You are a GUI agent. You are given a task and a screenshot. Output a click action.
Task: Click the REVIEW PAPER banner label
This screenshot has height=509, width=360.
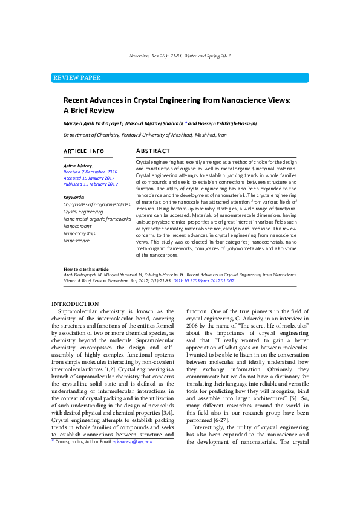(x=77, y=78)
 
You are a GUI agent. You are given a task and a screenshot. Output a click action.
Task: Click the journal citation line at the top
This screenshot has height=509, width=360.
(x=180, y=56)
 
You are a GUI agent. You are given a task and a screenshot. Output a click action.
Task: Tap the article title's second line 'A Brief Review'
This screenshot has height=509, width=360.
(x=89, y=111)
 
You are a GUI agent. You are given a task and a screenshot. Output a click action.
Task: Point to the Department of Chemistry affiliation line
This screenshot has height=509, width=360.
(x=145, y=136)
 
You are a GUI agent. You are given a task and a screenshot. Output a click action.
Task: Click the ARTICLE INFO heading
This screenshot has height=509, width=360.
(x=83, y=151)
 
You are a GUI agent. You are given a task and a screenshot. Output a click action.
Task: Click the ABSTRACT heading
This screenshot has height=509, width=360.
(x=152, y=151)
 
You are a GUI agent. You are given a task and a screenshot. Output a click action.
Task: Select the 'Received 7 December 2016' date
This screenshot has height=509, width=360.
(x=90, y=172)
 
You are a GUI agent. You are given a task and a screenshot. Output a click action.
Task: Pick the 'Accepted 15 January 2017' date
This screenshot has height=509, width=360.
(x=89, y=178)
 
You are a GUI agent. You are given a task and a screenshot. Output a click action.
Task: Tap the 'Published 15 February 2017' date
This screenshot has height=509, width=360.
(x=91, y=184)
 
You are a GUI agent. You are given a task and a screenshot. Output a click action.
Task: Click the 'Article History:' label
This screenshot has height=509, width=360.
(x=79, y=166)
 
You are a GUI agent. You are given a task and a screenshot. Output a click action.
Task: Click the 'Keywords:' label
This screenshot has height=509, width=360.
(x=74, y=198)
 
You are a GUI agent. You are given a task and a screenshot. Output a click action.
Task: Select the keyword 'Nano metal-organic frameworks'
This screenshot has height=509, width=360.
(x=97, y=219)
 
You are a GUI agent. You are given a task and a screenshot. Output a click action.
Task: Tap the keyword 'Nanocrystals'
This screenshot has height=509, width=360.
(x=79, y=233)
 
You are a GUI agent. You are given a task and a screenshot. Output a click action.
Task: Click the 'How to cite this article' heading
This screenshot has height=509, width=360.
(x=87, y=268)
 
